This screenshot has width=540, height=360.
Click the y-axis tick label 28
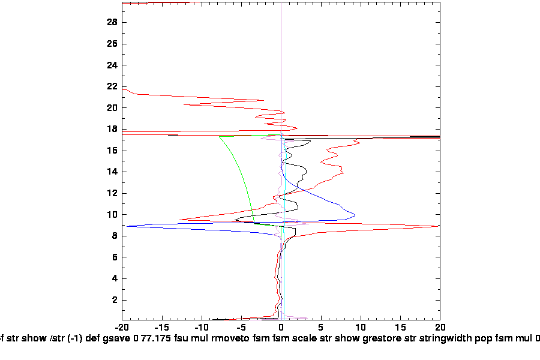[112, 22]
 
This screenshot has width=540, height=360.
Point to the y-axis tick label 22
[112, 86]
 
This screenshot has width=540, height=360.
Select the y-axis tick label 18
[112, 129]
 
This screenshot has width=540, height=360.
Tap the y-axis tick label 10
[112, 215]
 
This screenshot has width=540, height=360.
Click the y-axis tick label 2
[113, 300]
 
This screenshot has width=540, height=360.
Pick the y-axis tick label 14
[112, 172]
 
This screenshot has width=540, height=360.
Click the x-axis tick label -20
[122, 328]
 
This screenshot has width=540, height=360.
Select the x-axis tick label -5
[241, 328]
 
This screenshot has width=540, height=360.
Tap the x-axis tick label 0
[281, 328]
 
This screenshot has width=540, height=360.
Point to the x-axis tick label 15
[400, 328]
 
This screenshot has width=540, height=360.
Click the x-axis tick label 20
[440, 328]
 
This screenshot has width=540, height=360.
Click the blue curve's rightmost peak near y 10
[355, 215]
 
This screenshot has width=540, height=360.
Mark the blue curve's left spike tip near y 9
[127, 226]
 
